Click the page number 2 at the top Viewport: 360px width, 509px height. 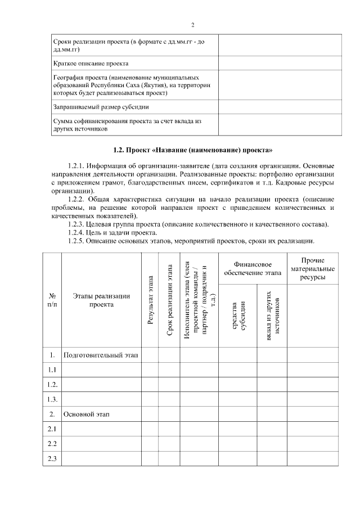pyautogui.click(x=192, y=25)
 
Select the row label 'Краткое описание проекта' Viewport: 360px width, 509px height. pyautogui.click(x=91, y=64)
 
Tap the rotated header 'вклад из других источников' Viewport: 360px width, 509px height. pyautogui.click(x=272, y=316)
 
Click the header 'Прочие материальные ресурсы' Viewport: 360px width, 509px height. pyautogui.click(x=313, y=269)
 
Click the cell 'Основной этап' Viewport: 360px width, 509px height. pyautogui.click(x=87, y=415)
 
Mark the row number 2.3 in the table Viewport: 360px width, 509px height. pyautogui.click(x=52, y=458)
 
